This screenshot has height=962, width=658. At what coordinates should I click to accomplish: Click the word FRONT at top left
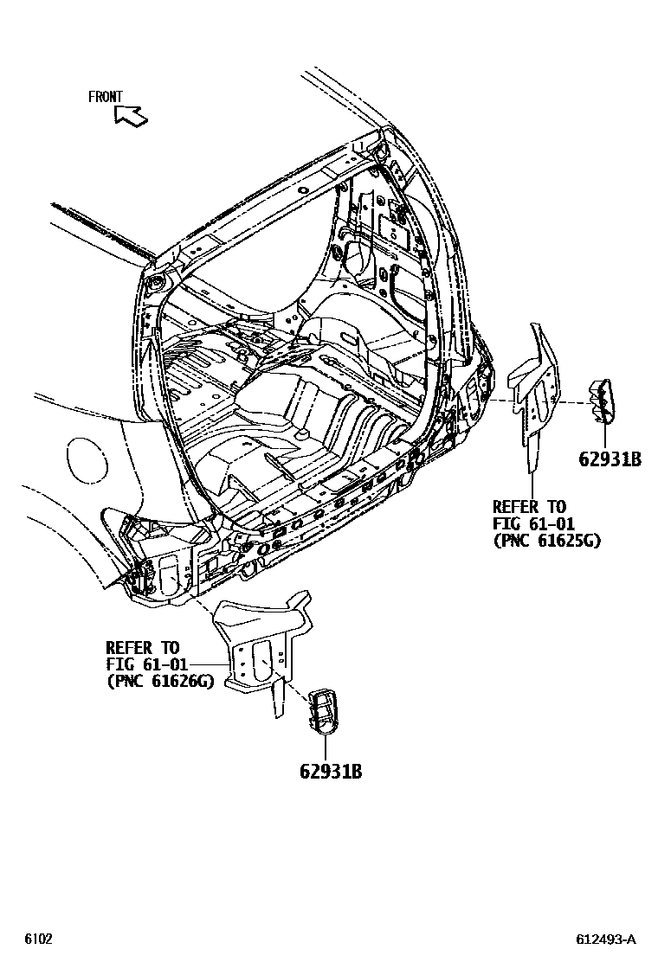point(106,97)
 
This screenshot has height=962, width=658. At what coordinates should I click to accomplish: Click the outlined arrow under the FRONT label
point(131,115)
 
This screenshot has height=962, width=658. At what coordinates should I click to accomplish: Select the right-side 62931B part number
point(610,459)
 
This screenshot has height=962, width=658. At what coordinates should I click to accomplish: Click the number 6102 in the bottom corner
point(38,940)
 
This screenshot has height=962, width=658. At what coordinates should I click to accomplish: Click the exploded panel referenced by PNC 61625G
point(536,389)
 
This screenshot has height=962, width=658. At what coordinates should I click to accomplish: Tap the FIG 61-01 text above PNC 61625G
point(528,523)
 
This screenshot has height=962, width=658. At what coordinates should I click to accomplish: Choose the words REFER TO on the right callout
point(528,507)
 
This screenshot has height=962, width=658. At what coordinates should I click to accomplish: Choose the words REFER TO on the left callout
point(142,647)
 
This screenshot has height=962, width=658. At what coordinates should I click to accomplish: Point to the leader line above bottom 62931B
point(325,745)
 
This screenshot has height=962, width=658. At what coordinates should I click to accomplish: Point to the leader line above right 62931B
point(603,435)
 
